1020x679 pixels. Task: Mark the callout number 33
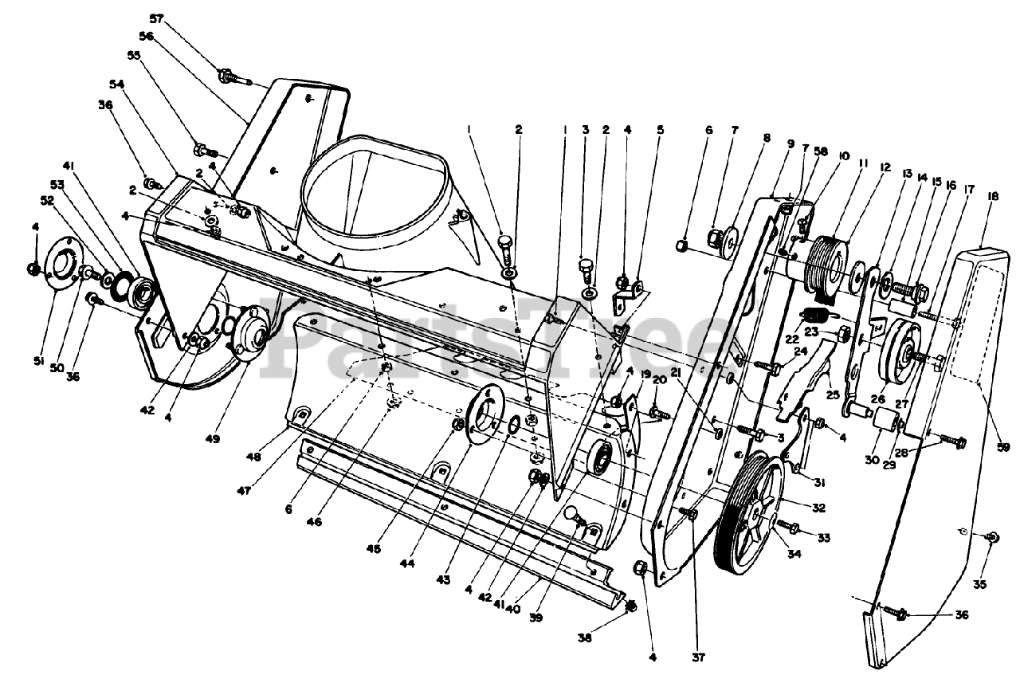823,539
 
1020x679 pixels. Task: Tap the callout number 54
118,83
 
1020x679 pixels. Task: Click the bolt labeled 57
227,77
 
